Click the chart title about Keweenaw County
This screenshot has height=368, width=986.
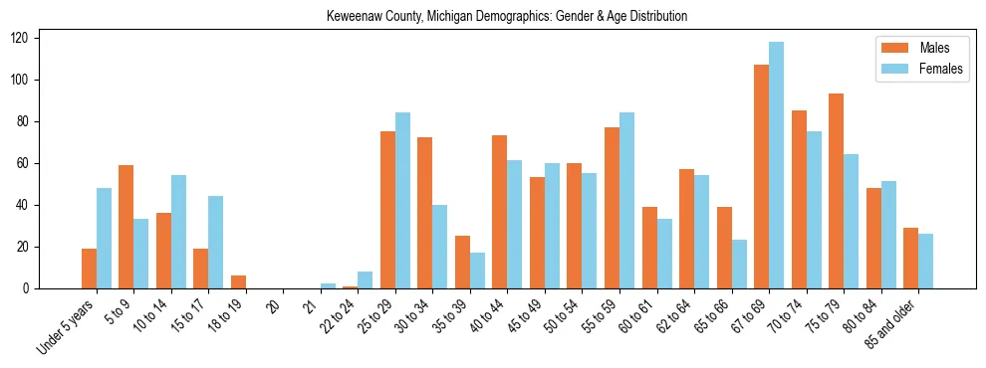coord(507,17)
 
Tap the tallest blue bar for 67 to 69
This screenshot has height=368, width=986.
coord(776,165)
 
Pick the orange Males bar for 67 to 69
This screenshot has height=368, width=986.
coord(761,177)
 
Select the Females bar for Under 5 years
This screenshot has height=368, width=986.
coord(104,239)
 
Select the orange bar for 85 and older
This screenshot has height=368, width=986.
coord(910,259)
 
